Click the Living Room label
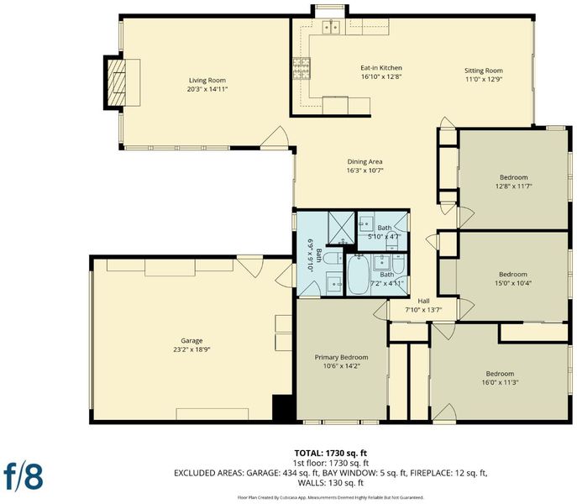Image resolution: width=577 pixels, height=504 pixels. (x=207, y=81)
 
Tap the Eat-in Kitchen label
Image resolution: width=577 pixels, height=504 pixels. (x=380, y=68)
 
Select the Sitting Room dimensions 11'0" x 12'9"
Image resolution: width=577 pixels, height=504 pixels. (x=483, y=79)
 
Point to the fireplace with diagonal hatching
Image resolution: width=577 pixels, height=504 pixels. (x=116, y=82)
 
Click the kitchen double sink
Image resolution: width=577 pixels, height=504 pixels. (x=331, y=27)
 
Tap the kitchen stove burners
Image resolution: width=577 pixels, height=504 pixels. (x=302, y=69)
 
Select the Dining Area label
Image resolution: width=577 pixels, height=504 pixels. (x=365, y=161)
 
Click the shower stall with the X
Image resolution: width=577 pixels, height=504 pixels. (x=341, y=228)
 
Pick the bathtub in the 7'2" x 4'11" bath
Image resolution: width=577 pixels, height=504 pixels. (x=358, y=275)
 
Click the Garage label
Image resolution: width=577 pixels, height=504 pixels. (x=191, y=341)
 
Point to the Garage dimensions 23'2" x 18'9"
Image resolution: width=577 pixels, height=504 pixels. (x=191, y=349)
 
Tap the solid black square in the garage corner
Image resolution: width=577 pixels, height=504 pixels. (x=282, y=407)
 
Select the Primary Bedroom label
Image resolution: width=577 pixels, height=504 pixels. (x=341, y=357)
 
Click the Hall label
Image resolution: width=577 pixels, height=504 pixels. (x=423, y=302)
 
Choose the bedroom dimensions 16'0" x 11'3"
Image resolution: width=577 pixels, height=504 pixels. (x=500, y=382)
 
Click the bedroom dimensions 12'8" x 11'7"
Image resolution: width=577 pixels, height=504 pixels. (x=513, y=186)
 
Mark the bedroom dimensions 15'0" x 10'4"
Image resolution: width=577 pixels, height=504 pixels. (x=513, y=283)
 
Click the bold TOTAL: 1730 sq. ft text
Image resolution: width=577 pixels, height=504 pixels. (x=331, y=454)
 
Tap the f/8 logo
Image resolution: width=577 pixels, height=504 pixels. (x=24, y=475)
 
